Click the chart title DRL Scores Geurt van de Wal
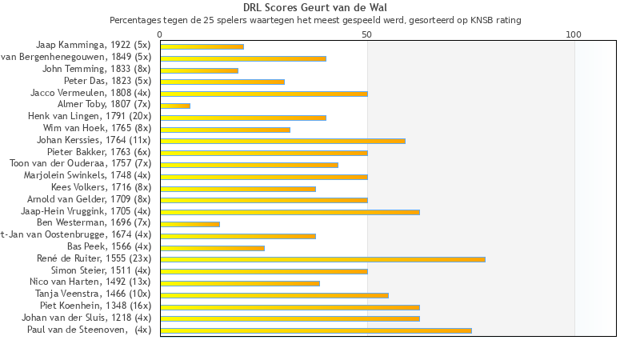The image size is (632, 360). click(315, 8)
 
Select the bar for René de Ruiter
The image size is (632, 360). click(322, 259)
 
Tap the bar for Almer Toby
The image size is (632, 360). click(175, 106)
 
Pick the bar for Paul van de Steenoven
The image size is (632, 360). click(316, 330)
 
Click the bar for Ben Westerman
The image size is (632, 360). click(190, 224)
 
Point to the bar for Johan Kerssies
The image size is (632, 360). click(282, 141)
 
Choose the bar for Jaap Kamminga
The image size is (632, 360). click(202, 46)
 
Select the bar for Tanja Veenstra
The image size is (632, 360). click(274, 295)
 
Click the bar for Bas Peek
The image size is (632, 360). click(212, 248)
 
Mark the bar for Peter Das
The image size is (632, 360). click(222, 82)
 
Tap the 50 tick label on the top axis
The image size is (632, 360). click(367, 34)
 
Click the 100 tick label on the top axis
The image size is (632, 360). click(574, 34)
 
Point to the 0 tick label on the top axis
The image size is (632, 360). click(160, 34)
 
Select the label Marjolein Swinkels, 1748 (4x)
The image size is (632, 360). click(87, 175)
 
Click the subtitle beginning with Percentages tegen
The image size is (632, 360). click(315, 20)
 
